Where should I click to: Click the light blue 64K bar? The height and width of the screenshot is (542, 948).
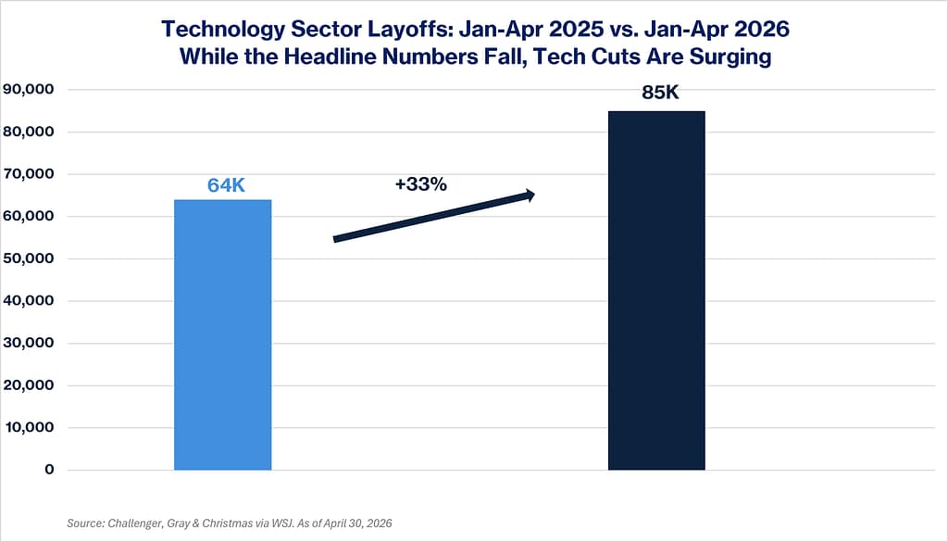click(x=222, y=334)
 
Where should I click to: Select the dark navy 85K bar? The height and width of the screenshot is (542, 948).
click(x=656, y=290)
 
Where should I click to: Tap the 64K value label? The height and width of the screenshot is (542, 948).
click(x=226, y=185)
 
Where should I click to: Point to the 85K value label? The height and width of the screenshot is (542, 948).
click(x=660, y=93)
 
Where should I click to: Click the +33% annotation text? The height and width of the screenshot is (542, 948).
click(x=421, y=183)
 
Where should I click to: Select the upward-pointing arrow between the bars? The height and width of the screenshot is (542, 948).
click(x=434, y=216)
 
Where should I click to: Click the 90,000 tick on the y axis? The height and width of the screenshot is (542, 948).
click(x=29, y=90)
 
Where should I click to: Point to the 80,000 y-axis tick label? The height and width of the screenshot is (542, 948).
click(x=29, y=132)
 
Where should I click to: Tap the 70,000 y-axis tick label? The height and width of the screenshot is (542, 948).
click(x=29, y=174)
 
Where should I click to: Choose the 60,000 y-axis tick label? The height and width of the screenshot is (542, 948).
click(x=29, y=217)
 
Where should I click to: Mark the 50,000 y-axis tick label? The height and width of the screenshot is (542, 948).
click(x=29, y=258)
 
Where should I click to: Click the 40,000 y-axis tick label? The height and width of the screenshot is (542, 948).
click(x=29, y=300)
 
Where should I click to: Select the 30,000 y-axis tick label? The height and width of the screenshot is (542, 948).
click(x=29, y=343)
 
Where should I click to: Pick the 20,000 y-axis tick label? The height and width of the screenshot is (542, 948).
click(x=29, y=385)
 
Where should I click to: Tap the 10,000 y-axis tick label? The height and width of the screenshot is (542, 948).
click(x=30, y=428)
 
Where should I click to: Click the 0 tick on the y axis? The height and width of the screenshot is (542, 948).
click(x=49, y=470)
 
